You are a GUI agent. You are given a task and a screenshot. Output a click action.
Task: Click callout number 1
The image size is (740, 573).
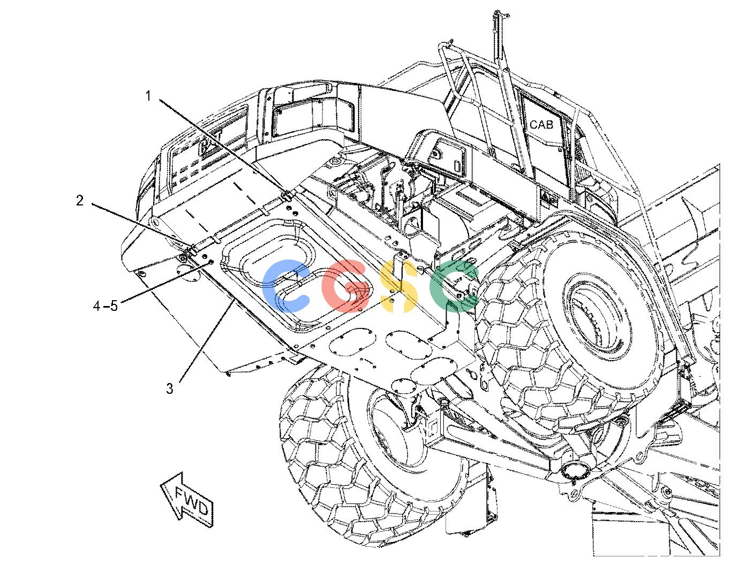(x=148, y=96)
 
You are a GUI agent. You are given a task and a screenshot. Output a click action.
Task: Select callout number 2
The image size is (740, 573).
(x=80, y=201)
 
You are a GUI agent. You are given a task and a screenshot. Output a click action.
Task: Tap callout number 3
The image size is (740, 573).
(x=170, y=388)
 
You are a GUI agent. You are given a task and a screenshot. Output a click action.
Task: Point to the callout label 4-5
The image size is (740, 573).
(x=105, y=306)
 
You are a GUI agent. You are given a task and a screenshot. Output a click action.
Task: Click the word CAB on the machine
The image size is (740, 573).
(x=541, y=125)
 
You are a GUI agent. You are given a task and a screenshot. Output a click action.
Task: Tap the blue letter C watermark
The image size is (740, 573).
(x=285, y=286)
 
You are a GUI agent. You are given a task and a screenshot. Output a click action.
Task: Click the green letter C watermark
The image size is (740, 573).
(x=453, y=286)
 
